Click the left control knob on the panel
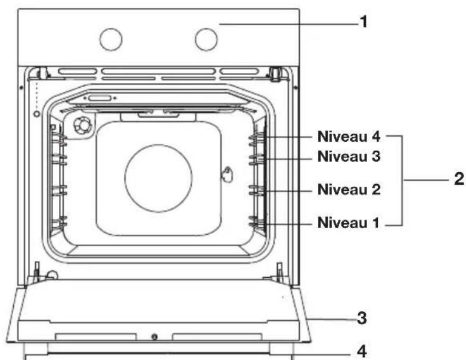pos(111,39)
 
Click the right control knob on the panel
pos(206,39)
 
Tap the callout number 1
pos(364,22)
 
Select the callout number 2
pos(459,179)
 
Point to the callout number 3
pos(362,318)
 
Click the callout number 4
pos(362,352)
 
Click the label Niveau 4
pos(349,136)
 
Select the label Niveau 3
pos(349,156)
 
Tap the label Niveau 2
pos(349,190)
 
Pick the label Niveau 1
pos(349,223)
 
